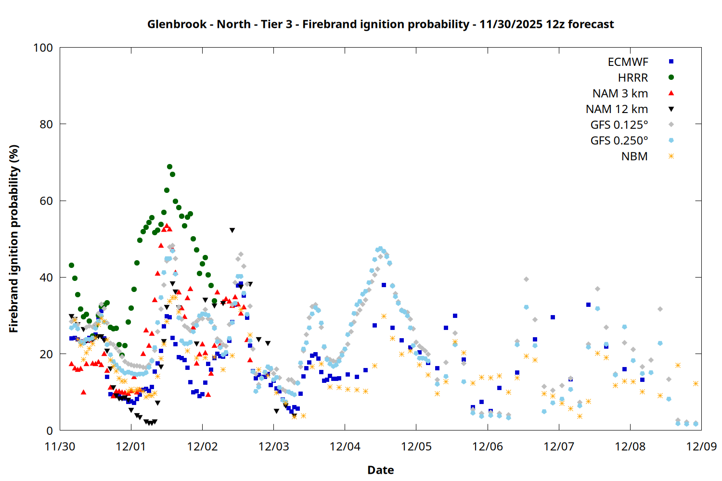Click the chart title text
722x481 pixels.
(x=380, y=24)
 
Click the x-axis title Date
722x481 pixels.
(x=380, y=470)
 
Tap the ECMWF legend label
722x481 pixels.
(x=628, y=62)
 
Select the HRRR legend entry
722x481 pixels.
(x=633, y=78)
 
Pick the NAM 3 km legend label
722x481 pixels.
(x=620, y=93)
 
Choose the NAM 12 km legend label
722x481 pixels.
(x=617, y=109)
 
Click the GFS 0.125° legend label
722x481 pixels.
(x=619, y=125)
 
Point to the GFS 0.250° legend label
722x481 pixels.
(x=619, y=140)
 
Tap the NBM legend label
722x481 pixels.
(x=634, y=156)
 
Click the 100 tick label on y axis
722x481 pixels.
(x=43, y=48)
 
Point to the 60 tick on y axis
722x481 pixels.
(x=46, y=201)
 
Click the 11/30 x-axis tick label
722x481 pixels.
(x=60, y=446)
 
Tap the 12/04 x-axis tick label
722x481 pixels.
(x=345, y=446)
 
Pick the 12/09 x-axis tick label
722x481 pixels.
(x=701, y=446)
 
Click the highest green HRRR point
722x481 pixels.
(x=169, y=167)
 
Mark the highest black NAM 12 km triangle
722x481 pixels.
(x=232, y=230)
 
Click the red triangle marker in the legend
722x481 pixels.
(x=671, y=93)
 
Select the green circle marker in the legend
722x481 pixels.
(x=671, y=77)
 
